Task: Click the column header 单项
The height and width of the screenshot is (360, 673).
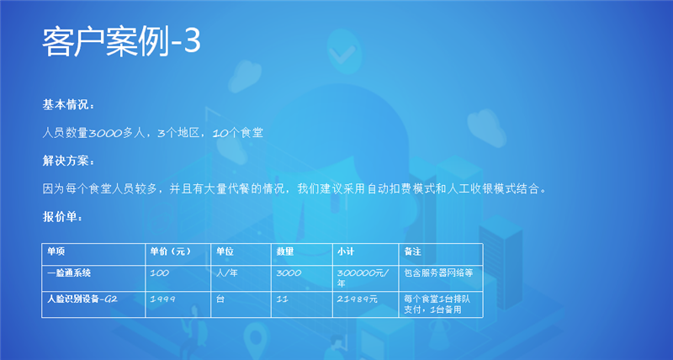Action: (x=56, y=251)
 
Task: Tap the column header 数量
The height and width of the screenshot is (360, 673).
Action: (x=285, y=251)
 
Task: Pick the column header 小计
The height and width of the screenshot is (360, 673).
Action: (x=346, y=251)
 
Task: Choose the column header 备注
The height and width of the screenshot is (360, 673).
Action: (x=412, y=251)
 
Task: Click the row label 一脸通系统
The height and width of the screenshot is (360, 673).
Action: (x=69, y=273)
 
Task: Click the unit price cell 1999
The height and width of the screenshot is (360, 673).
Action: (x=162, y=299)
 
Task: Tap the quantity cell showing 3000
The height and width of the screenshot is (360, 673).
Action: (x=289, y=273)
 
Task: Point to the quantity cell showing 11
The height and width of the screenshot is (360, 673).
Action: (x=283, y=299)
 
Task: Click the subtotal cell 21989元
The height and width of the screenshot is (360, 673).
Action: (x=357, y=299)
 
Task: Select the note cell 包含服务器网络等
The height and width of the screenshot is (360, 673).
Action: (x=438, y=273)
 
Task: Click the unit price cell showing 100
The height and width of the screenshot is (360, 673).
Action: (x=159, y=273)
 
